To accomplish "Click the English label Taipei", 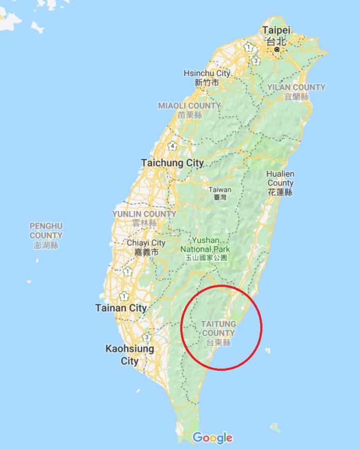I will [x=276, y=29].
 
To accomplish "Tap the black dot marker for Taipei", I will [x=277, y=49].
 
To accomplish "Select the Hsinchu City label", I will [x=207, y=73].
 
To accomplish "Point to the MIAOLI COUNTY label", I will [x=189, y=106].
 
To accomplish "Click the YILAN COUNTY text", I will [x=296, y=87].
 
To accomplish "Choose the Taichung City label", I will [x=172, y=163].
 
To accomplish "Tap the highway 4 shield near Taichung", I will [x=172, y=146].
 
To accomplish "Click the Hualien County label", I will [x=280, y=178].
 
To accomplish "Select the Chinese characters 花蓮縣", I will [x=280, y=192].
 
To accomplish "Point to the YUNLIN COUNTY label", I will [x=144, y=214].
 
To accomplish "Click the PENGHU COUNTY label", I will [x=46, y=231].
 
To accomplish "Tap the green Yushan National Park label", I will [x=205, y=245].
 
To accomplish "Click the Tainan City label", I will [x=121, y=308].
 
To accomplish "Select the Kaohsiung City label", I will [x=130, y=354].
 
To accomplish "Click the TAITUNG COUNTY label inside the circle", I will [x=218, y=328].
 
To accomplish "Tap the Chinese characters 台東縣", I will [x=218, y=342].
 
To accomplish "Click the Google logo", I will [x=213, y=438].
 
